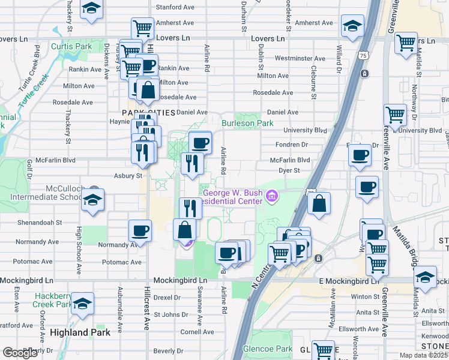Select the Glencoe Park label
point(267,349)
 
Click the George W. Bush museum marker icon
point(272,196)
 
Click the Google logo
point(20,352)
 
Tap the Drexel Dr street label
point(167,298)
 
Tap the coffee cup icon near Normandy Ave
point(140,230)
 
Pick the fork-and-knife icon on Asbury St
point(192,163)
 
